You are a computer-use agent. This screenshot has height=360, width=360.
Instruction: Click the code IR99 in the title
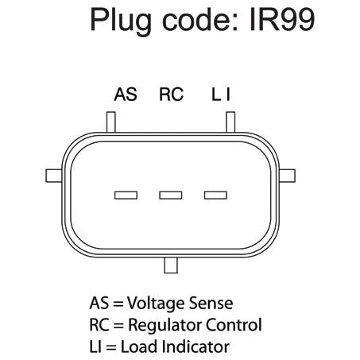pos(282,20)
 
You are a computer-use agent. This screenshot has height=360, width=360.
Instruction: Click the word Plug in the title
pos(121,21)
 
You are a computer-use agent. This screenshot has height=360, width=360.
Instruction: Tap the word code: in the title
pos(201,20)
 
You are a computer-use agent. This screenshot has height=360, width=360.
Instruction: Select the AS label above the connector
pos(126,95)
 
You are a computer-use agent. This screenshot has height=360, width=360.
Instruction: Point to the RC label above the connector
pos(171,95)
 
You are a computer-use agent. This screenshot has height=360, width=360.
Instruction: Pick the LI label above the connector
pos(221,95)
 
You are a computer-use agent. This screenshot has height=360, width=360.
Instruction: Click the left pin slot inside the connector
pos(126,195)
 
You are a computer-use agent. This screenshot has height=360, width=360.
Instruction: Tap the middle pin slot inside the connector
pos(171,195)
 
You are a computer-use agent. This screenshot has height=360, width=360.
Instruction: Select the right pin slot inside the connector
pos(215,195)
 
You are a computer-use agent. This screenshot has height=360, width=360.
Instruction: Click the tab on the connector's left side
pos(54,176)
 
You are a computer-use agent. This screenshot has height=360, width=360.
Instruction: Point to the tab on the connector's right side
pos(287,176)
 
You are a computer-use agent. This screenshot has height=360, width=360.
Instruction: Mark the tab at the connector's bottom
pos(171,265)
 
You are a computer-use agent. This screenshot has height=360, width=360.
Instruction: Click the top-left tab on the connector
pos(111,122)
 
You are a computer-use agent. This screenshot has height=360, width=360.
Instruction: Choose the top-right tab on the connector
pos(230,122)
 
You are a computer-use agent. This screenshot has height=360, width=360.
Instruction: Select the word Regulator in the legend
pos(165,326)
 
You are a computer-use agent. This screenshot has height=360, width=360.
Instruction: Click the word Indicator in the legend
pos(195,346)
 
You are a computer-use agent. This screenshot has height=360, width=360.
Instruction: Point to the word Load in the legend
pos(140,346)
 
